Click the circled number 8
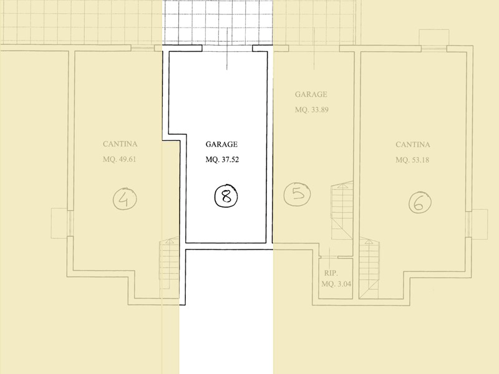(226, 196)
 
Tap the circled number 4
(125, 199)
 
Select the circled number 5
(297, 194)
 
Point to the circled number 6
(420, 203)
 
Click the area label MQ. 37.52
(222, 160)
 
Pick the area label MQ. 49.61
(119, 159)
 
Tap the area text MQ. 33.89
(311, 110)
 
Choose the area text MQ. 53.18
(412, 160)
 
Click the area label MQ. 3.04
(336, 284)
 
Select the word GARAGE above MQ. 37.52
(221, 145)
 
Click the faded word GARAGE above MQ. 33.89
(311, 95)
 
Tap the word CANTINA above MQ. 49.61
(120, 144)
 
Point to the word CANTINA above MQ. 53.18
(413, 145)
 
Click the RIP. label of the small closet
(331, 273)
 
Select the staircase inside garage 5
(342, 210)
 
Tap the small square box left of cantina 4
(59, 223)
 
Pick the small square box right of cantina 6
(480, 224)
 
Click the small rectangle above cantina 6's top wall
(434, 37)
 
